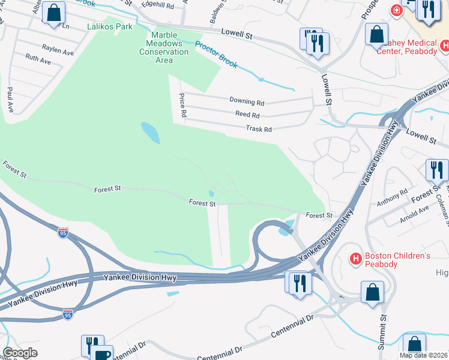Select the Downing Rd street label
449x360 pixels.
tap(246, 102)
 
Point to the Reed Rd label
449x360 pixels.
tap(247, 115)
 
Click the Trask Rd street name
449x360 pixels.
tap(259, 129)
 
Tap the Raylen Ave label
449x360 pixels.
tap(58, 49)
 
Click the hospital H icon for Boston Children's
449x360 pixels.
tap(355, 259)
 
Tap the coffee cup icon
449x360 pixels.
tap(103, 353)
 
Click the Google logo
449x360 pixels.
tap(20, 353)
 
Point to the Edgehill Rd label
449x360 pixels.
tap(157, 4)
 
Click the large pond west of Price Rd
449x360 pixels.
tap(151, 133)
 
